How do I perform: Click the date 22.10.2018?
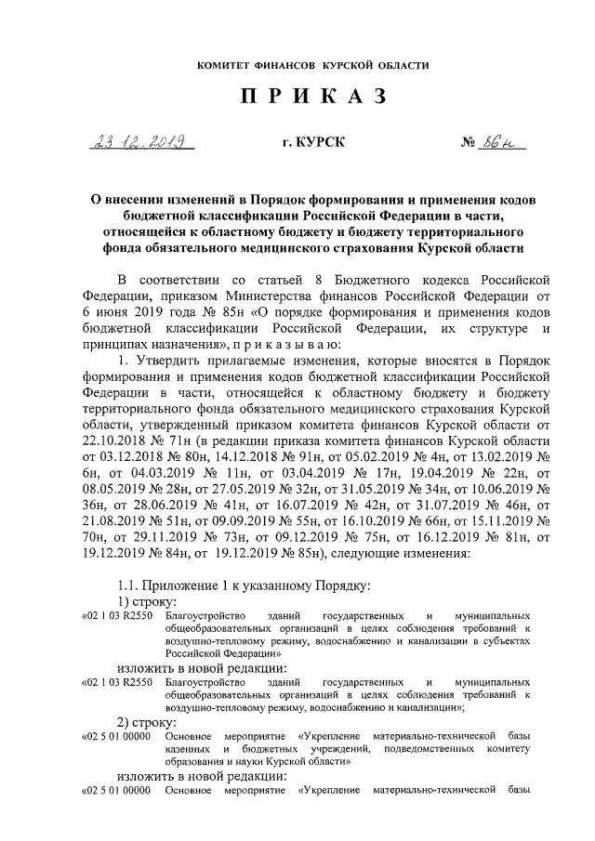coord(112,445)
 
